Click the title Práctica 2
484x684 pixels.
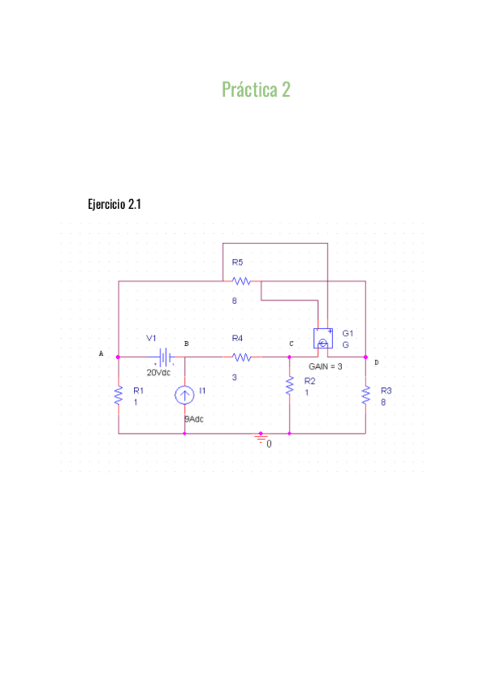click(256, 90)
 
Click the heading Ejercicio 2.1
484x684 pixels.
click(114, 204)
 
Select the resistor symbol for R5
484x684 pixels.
click(241, 282)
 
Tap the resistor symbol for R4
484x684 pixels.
click(241, 357)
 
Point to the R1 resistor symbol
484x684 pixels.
click(119, 395)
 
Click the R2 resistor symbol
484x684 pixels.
click(289, 386)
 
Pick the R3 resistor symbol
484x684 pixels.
click(365, 395)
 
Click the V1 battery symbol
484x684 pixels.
click(165, 357)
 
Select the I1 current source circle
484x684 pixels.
click(185, 395)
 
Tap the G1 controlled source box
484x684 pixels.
click(323, 340)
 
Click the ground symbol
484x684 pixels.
click(261, 438)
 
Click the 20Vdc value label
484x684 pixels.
click(158, 373)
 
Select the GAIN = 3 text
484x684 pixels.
click(326, 366)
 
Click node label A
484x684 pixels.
click(101, 353)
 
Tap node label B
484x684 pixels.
click(186, 344)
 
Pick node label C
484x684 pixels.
click(291, 344)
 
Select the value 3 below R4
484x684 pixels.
click(235, 376)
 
